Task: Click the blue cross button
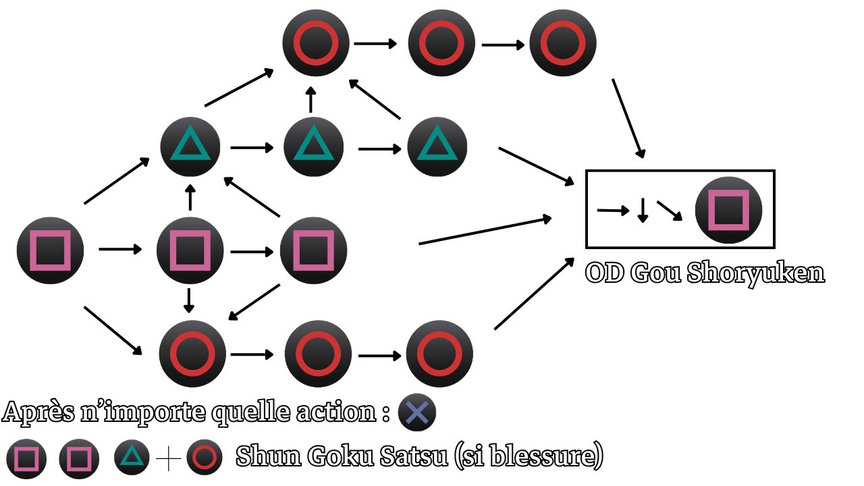click(417, 412)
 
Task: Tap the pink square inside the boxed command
click(728, 210)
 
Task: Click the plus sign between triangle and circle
click(168, 459)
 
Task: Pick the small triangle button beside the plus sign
click(132, 458)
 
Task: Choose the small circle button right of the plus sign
click(204, 458)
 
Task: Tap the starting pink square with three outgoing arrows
click(51, 250)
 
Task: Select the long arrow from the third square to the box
click(485, 230)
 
